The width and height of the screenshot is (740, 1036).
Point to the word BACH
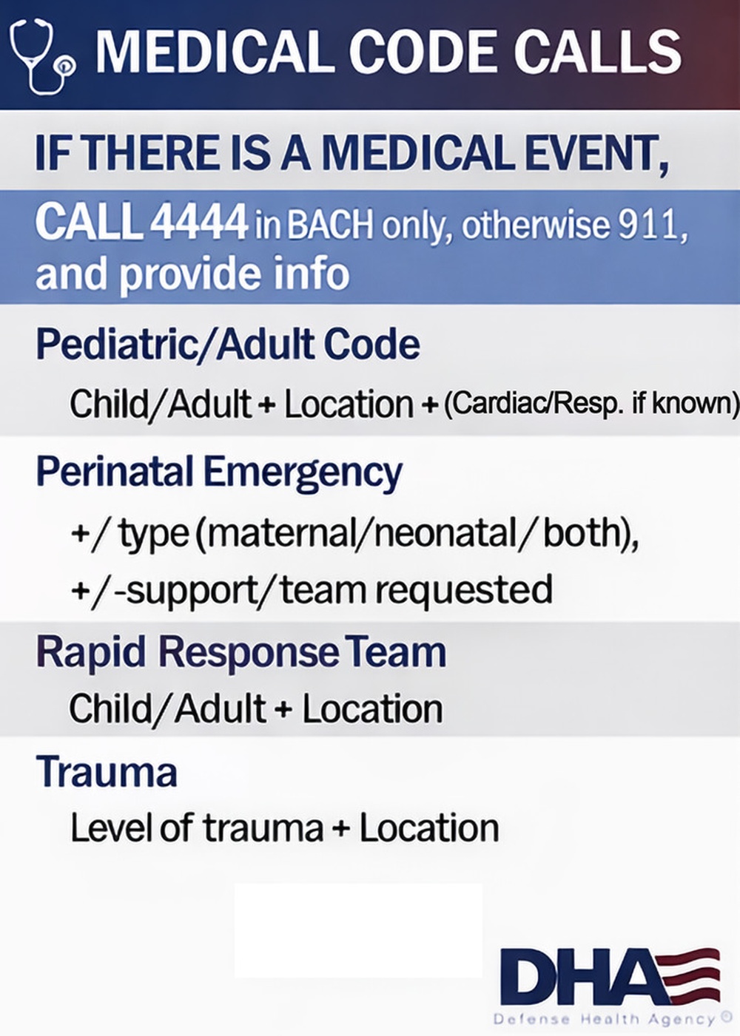tap(330, 224)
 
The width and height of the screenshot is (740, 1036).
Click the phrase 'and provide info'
tap(192, 273)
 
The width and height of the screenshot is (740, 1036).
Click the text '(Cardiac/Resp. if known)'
tap(591, 404)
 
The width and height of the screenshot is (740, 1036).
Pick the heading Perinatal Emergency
tap(219, 472)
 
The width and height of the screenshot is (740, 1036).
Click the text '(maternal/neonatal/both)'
tap(416, 532)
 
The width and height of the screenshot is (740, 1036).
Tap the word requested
tap(464, 589)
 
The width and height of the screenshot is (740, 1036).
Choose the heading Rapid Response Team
tap(241, 652)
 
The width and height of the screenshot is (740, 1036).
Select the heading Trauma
tap(107, 771)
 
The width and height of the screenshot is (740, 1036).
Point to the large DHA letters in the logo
tap(577, 977)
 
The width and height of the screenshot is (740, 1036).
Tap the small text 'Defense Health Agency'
tap(603, 1020)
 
